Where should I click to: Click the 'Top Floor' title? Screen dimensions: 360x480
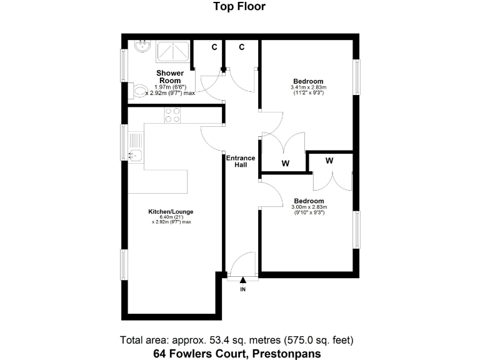click(240, 7)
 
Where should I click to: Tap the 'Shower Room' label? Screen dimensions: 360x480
click(170, 77)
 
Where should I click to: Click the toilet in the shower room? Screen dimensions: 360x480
click(141, 92)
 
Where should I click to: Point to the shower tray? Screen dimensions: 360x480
click(174, 51)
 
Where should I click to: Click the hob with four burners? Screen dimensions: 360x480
click(172, 114)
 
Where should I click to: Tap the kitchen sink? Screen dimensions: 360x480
click(135, 154)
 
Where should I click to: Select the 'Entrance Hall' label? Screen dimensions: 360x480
click(241, 162)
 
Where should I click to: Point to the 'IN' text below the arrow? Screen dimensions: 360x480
click(243, 289)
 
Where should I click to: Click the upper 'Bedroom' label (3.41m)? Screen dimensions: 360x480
click(308, 82)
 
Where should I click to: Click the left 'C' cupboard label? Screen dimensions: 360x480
click(214, 47)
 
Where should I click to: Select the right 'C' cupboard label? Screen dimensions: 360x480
click(241, 47)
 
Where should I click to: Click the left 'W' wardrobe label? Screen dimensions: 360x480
click(284, 163)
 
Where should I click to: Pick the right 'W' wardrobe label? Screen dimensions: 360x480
click(329, 161)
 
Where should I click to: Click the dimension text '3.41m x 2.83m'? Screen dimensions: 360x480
click(308, 88)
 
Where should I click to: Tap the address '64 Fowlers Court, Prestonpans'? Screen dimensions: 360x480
click(237, 354)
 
